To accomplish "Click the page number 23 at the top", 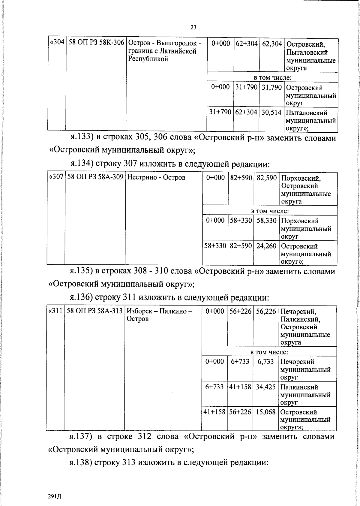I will click(193, 27).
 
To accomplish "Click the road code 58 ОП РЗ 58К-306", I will click(96, 43).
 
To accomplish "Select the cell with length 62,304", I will click(272, 44).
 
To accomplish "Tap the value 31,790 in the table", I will click(272, 87).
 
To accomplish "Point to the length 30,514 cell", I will click(271, 113).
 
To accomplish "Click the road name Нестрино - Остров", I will click(156, 177).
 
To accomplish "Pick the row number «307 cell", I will click(56, 177).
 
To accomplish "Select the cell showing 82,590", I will click(266, 178).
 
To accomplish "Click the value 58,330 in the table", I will click(266, 221).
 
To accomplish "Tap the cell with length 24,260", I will click(266, 246).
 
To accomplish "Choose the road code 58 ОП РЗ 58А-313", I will click(94, 311).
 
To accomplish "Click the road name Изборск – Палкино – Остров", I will click(159, 315).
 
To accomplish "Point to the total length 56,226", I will click(266, 311).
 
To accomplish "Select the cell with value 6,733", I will click(265, 362).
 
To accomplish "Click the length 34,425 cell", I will click(265, 387).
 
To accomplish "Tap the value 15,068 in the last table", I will click(265, 412).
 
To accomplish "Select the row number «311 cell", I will click(55, 311).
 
